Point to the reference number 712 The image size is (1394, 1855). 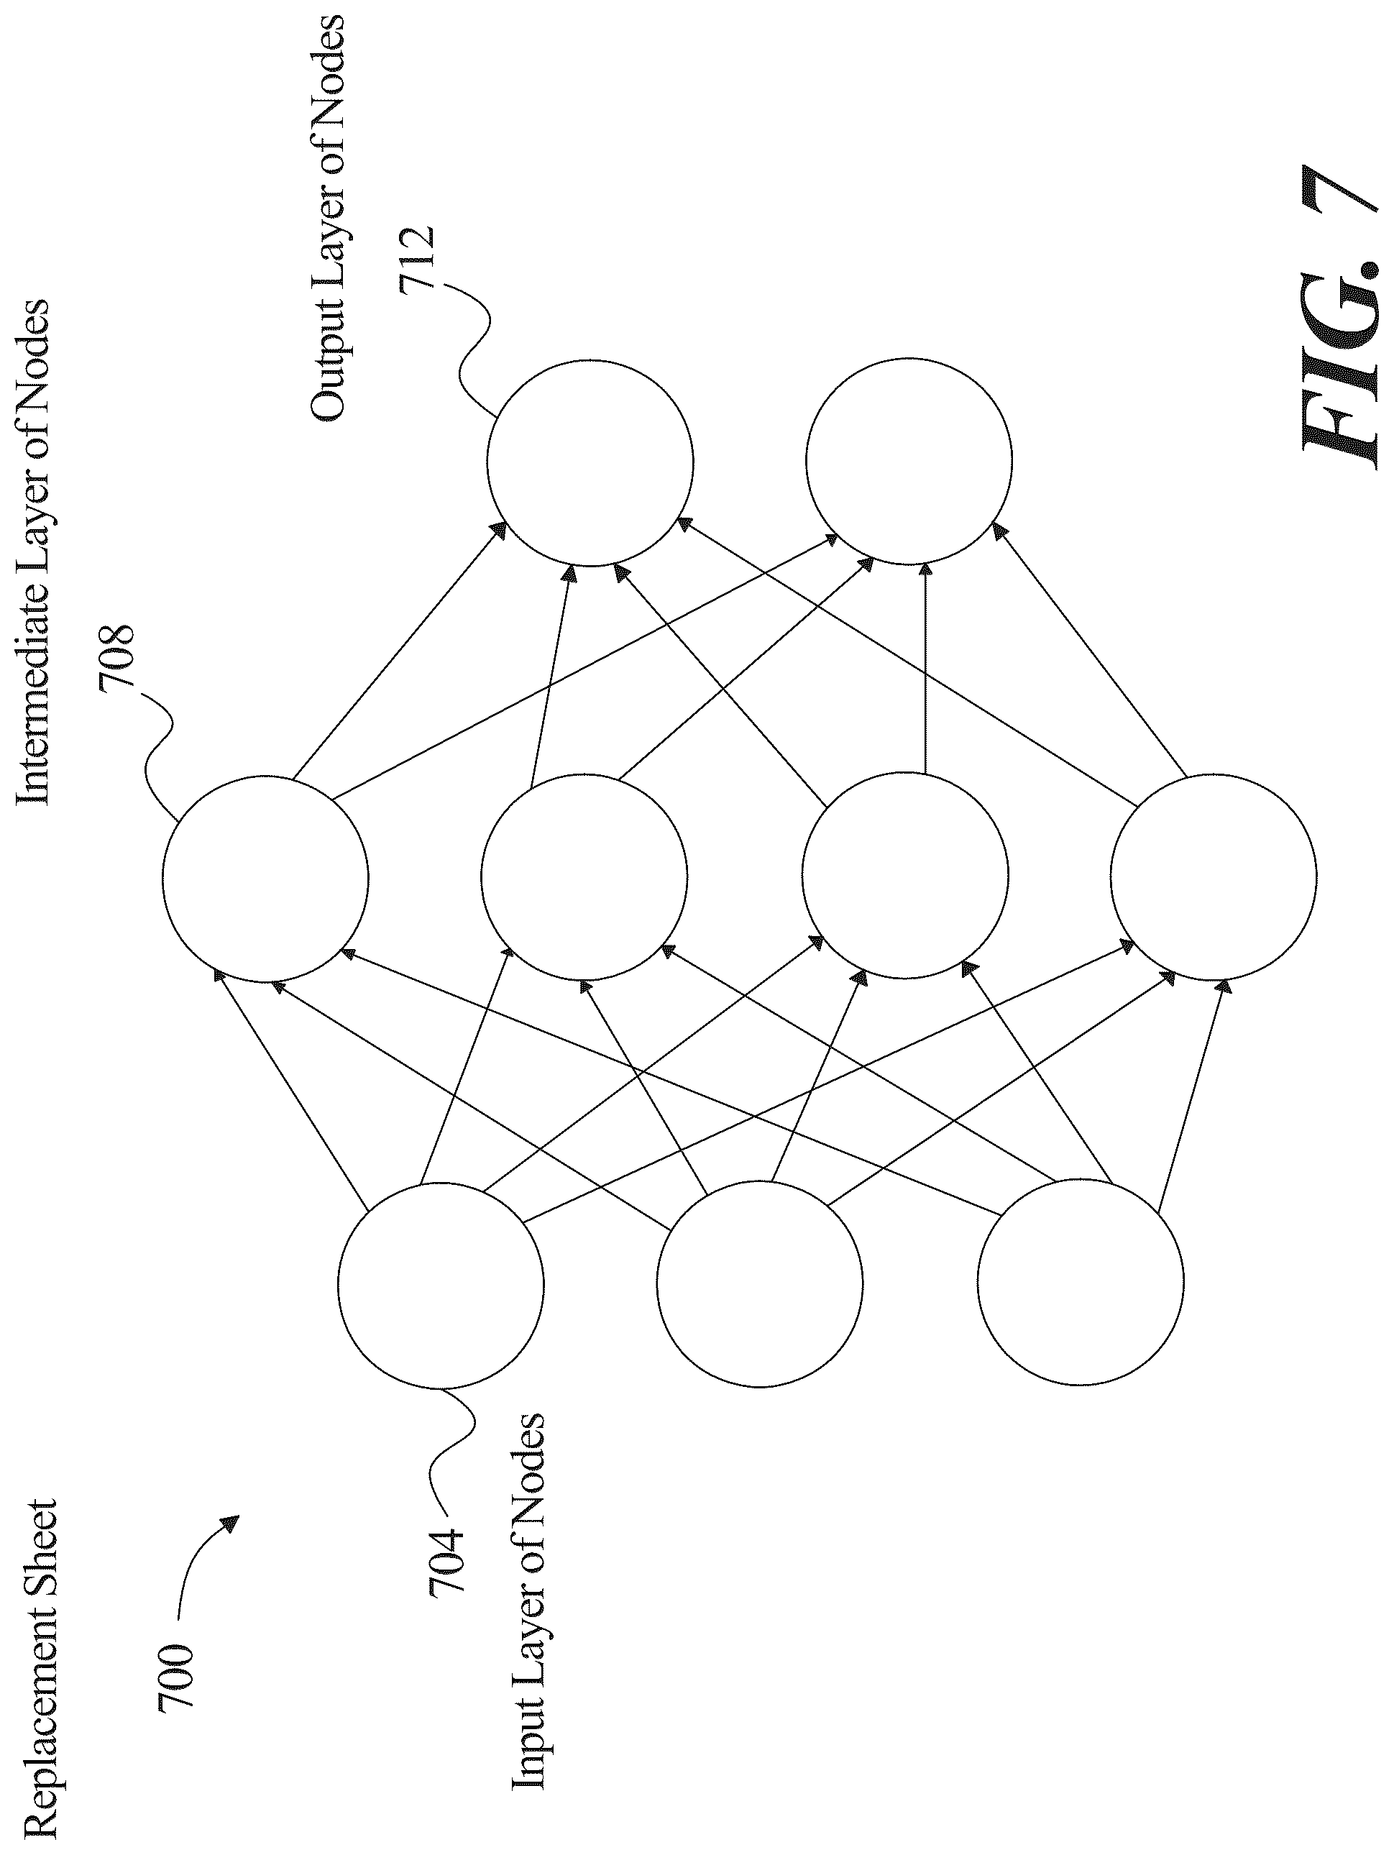point(416,258)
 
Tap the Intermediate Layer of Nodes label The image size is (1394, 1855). point(33,553)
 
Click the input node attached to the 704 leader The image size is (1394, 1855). point(441,1285)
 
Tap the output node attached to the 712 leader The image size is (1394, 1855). point(590,462)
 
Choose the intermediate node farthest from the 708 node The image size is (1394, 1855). point(1213,876)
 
